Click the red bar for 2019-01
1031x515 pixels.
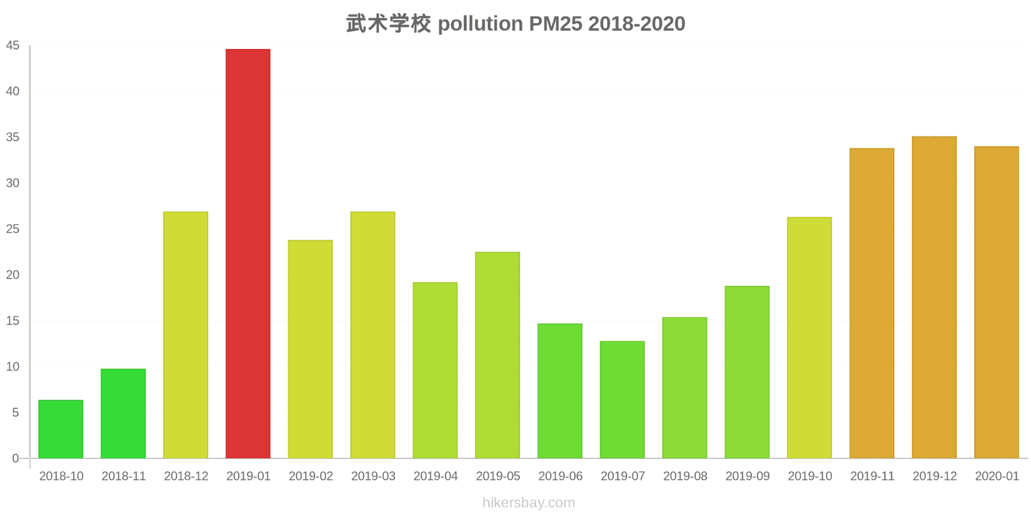(248, 254)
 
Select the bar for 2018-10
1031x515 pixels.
(61, 429)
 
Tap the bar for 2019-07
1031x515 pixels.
(622, 400)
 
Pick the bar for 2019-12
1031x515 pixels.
(934, 297)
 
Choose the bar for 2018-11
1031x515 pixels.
(123, 414)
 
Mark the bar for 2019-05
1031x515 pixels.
(497, 355)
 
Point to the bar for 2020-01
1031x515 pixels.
(997, 303)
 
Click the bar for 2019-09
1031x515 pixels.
(747, 372)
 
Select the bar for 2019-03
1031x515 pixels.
(373, 335)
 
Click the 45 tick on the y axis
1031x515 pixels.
(13, 46)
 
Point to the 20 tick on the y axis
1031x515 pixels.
(13, 275)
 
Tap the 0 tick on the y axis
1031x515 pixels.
(15, 458)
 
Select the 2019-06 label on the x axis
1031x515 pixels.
(560, 476)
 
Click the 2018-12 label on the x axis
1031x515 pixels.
(186, 476)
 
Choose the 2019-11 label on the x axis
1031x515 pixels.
(872, 476)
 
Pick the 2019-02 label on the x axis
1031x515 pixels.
(311, 476)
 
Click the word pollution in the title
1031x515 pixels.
(480, 24)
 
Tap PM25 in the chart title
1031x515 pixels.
(555, 24)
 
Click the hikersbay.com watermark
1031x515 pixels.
(528, 503)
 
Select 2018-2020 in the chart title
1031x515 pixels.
(637, 24)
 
